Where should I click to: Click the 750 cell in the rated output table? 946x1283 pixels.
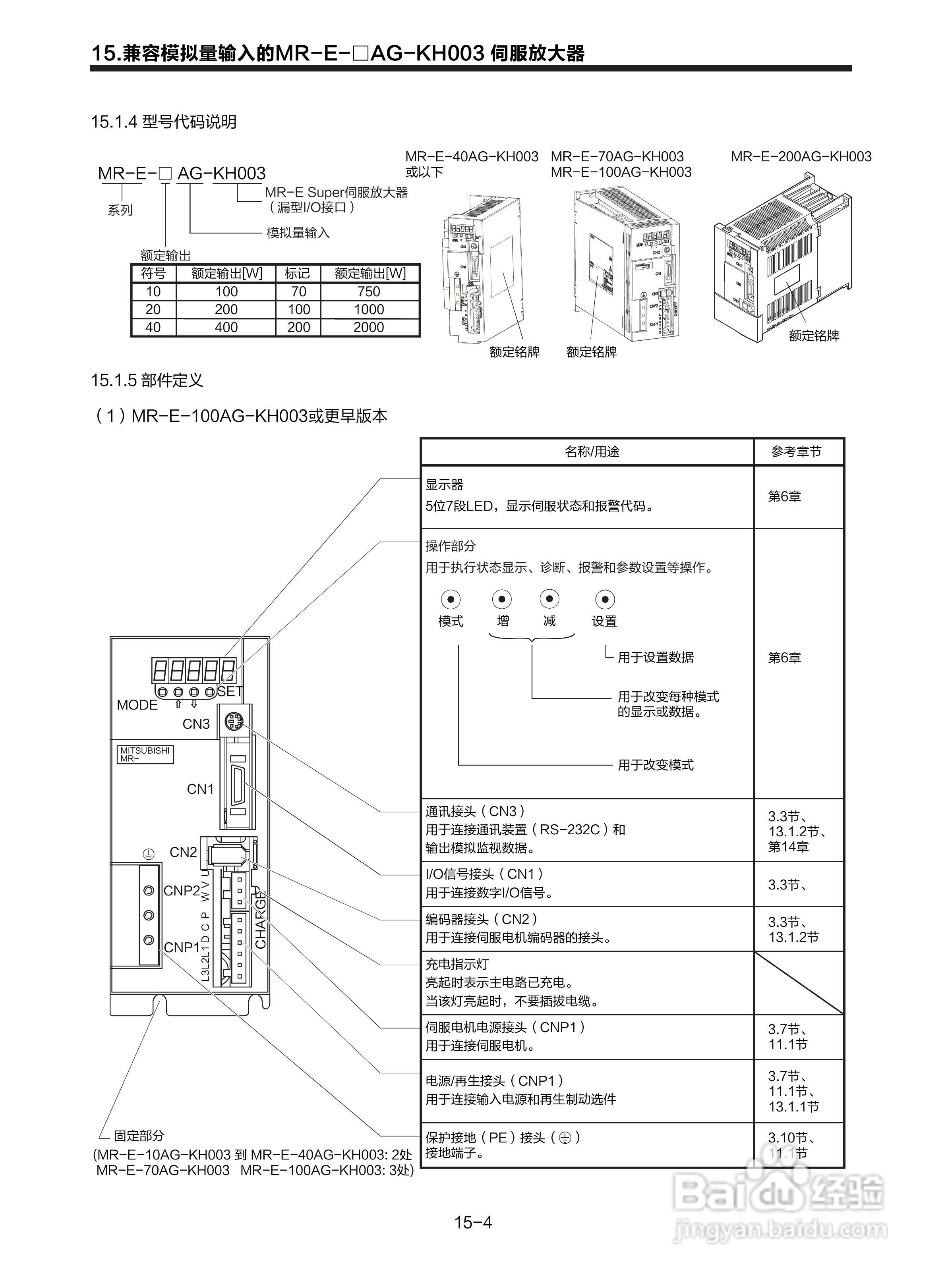click(368, 291)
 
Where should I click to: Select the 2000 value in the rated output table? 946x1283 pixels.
click(368, 327)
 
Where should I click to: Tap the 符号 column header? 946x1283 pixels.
click(153, 274)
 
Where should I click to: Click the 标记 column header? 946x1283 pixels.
click(297, 274)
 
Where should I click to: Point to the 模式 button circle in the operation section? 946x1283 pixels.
click(451, 599)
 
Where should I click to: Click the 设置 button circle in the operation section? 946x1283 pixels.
click(605, 599)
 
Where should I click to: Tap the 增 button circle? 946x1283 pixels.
click(502, 599)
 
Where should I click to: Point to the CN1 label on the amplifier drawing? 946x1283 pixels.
click(200, 789)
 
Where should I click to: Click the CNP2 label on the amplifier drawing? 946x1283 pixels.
click(182, 891)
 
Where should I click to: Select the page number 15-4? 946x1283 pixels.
click(473, 1222)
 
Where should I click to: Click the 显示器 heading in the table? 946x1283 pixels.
click(444, 485)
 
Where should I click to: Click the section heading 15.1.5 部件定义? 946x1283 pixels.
click(147, 380)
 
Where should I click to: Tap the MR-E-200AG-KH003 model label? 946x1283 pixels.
click(801, 156)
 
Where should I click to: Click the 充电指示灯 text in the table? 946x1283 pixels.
click(457, 964)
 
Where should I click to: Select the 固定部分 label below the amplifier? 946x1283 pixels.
click(139, 1135)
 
